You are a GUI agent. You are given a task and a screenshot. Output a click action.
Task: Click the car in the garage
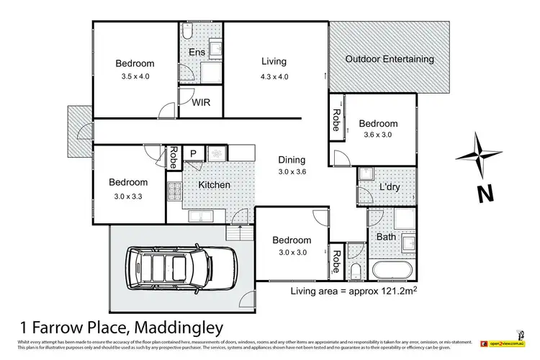(x=182, y=268)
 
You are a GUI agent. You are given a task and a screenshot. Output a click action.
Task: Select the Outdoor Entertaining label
(x=390, y=59)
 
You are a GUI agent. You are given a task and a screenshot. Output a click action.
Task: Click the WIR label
(x=200, y=103)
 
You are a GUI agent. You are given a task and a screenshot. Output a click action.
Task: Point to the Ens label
(x=197, y=53)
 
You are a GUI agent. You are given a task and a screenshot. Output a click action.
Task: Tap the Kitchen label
(x=214, y=185)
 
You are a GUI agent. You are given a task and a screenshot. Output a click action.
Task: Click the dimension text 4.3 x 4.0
(x=273, y=77)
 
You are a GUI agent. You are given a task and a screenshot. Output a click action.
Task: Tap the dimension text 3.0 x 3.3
(x=128, y=197)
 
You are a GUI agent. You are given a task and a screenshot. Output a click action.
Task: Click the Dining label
(x=292, y=160)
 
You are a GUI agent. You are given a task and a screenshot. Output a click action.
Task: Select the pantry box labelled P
(x=192, y=153)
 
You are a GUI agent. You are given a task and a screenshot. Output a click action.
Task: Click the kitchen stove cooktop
(x=174, y=192)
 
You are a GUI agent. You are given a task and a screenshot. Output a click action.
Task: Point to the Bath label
(x=385, y=236)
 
